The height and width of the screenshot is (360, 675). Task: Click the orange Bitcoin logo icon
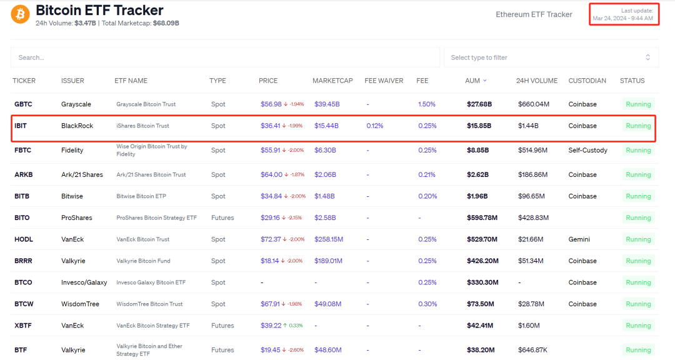click(20, 14)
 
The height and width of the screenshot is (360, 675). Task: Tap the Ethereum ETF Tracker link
click(534, 14)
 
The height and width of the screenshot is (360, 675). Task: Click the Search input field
click(225, 57)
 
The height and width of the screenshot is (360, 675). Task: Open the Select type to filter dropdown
click(551, 57)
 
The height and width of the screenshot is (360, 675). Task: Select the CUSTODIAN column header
click(587, 81)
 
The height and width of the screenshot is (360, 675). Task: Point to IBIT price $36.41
click(271, 126)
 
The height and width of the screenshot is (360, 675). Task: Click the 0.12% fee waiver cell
click(374, 126)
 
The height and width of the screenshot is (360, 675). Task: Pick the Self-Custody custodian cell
click(587, 150)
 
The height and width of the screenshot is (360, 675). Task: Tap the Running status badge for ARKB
click(638, 175)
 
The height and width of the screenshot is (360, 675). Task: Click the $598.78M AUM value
click(482, 218)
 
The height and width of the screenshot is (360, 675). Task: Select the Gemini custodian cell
click(579, 239)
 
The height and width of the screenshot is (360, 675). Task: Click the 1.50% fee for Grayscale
click(426, 104)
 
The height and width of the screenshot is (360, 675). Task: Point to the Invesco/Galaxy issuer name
click(84, 282)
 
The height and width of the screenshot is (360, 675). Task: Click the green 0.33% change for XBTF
click(295, 326)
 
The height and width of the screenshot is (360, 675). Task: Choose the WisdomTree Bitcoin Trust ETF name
click(149, 304)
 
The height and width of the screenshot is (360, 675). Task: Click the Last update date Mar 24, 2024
click(622, 18)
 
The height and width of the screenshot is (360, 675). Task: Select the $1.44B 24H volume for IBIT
click(528, 126)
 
